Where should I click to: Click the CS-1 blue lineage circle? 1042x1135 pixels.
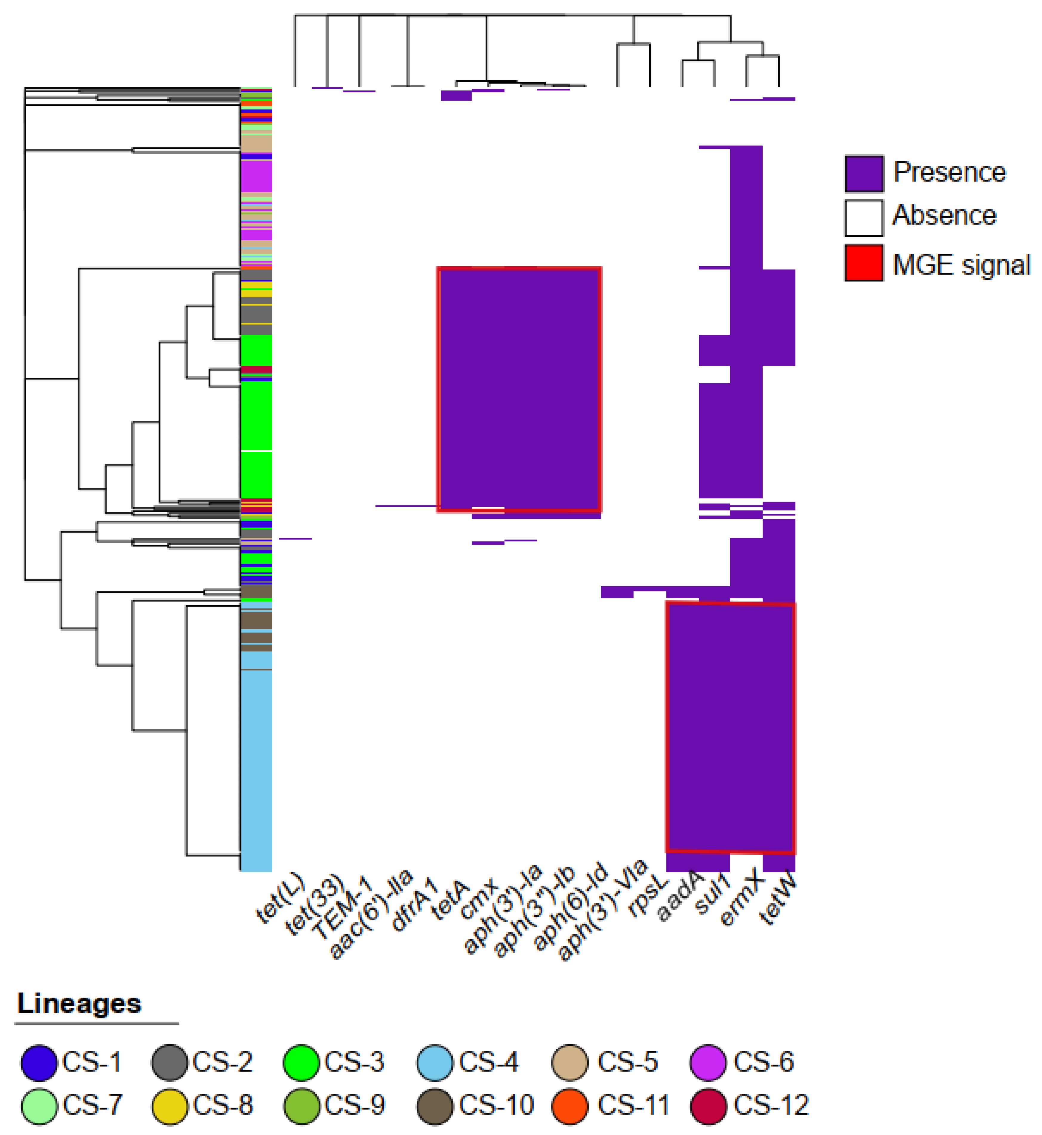tap(39, 1062)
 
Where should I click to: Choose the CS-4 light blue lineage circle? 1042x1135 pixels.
tap(435, 1062)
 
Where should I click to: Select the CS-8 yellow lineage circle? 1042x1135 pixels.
tap(170, 1107)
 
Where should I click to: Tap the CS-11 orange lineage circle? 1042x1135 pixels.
tap(570, 1107)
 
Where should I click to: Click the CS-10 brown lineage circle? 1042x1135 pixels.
tap(435, 1107)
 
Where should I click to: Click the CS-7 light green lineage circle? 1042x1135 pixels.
tap(39, 1107)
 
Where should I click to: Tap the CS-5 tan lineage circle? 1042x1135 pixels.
tap(570, 1062)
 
